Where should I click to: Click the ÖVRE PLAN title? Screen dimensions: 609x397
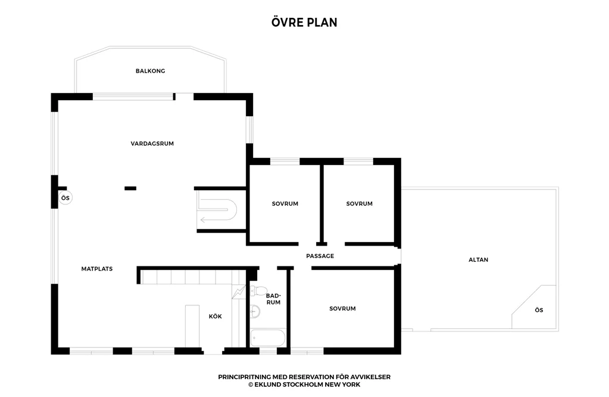point(304,22)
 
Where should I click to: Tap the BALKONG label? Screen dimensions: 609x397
point(150,71)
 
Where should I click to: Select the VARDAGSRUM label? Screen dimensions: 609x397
point(152,144)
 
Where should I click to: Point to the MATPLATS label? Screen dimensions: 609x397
point(96,269)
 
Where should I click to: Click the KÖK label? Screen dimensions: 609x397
point(215,316)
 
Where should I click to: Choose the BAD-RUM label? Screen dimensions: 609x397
point(273,299)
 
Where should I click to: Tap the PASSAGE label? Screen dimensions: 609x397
point(320,256)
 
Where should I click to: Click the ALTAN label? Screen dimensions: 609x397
point(478,260)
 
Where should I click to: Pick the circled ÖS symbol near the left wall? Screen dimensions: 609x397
point(65,198)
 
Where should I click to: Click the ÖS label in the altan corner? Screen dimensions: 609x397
point(539,310)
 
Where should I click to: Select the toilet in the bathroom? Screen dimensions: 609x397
point(259,290)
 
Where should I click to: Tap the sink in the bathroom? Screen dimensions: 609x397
point(255,311)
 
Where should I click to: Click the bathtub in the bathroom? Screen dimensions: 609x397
point(268,338)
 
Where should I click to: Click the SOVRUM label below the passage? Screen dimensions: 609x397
point(342,308)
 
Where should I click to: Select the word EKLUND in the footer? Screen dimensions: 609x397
point(267,384)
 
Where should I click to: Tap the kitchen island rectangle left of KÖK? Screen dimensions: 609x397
point(192,326)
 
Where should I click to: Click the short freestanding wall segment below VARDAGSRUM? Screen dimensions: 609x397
point(130,188)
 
